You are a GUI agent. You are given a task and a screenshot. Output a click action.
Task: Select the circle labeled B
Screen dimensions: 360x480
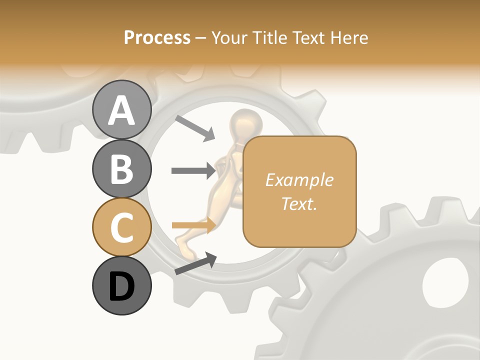pos(121,168)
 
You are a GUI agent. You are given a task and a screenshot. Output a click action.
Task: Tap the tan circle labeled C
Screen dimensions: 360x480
pos(121,227)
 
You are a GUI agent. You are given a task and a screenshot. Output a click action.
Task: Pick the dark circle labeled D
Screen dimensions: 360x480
pos(121,285)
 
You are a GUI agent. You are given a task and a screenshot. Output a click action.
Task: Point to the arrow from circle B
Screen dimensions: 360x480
pos(193,170)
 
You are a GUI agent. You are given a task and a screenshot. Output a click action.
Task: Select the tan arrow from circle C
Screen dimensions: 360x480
pos(193,225)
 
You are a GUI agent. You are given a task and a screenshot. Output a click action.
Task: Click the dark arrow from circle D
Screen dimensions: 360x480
pos(195,263)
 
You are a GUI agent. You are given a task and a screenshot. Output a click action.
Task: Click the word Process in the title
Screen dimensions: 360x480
pos(157,37)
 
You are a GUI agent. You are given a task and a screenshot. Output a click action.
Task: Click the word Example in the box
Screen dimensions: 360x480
pos(299,180)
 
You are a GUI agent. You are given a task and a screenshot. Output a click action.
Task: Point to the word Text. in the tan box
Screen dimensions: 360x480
pos(299,203)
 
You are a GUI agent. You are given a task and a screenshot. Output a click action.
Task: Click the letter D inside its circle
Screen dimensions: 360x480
pos(121,286)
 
